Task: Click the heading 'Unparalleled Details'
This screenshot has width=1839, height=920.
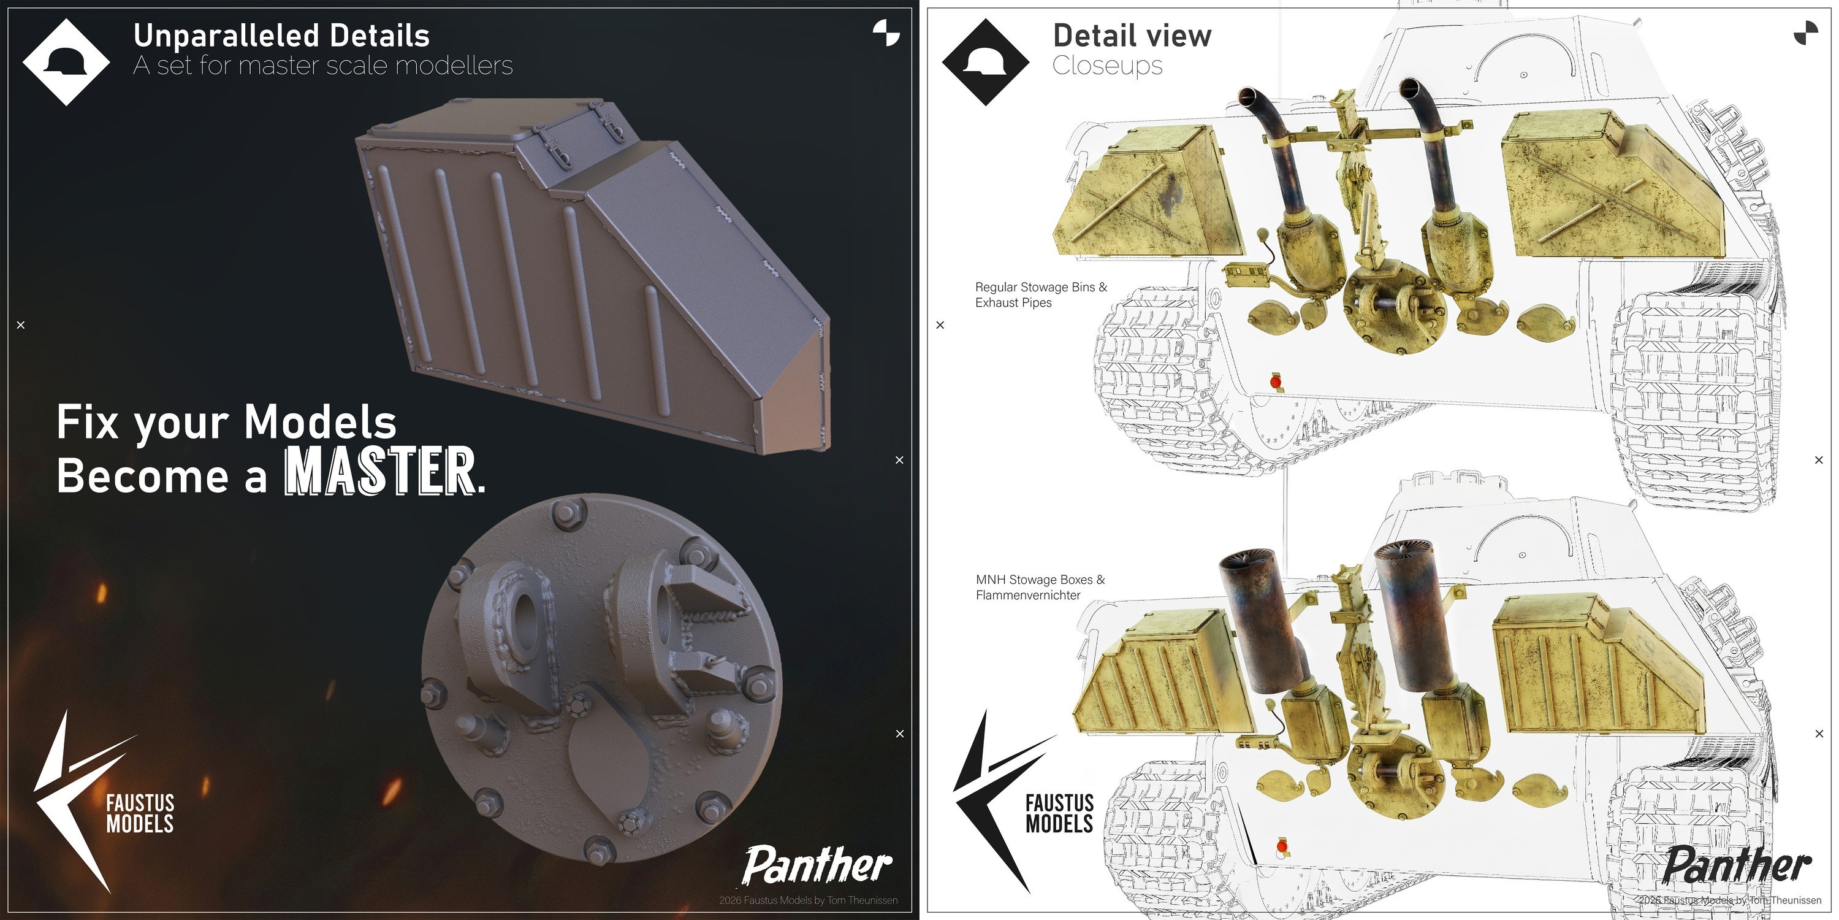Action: click(x=281, y=36)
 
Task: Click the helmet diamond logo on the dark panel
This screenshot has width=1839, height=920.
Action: click(x=66, y=62)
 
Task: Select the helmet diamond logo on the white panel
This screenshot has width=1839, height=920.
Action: click(x=985, y=62)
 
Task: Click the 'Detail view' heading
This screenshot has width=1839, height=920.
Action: click(x=1132, y=36)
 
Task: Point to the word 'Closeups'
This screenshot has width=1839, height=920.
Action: click(x=1107, y=66)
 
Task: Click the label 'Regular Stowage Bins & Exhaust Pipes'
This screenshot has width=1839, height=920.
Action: click(x=1041, y=294)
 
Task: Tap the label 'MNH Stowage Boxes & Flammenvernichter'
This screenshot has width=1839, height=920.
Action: click(x=1040, y=587)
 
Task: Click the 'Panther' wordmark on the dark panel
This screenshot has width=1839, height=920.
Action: click(x=817, y=865)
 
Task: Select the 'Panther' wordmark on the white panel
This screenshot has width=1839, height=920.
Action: click(x=1736, y=865)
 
